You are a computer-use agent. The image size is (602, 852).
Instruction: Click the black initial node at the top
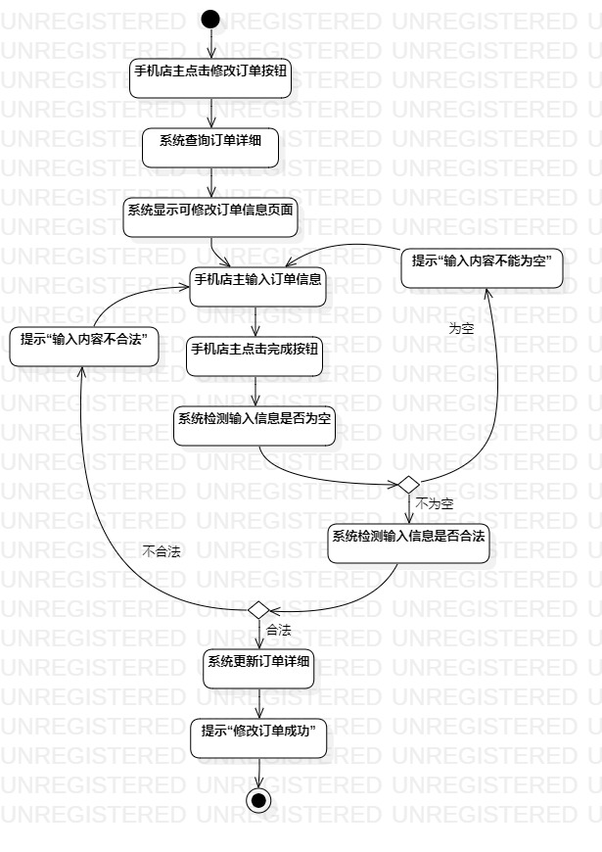[210, 19]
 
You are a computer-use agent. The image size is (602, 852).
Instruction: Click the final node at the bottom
[258, 798]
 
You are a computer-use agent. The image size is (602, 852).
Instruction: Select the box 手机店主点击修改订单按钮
[210, 79]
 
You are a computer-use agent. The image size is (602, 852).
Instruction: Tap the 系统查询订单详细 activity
[210, 148]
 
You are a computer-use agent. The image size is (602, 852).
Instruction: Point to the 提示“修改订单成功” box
[258, 738]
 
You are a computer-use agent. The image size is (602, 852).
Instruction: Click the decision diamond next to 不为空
[407, 485]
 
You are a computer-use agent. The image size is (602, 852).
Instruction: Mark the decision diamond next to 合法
[258, 609]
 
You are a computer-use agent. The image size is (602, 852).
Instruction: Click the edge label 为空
[461, 329]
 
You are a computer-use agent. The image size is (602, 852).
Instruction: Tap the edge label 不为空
[434, 503]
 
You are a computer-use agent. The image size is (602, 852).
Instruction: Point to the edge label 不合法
[162, 551]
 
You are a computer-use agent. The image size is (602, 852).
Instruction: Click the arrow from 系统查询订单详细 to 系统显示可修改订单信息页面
[210, 182]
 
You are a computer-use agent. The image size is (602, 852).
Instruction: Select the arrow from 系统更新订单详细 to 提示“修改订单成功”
[258, 704]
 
